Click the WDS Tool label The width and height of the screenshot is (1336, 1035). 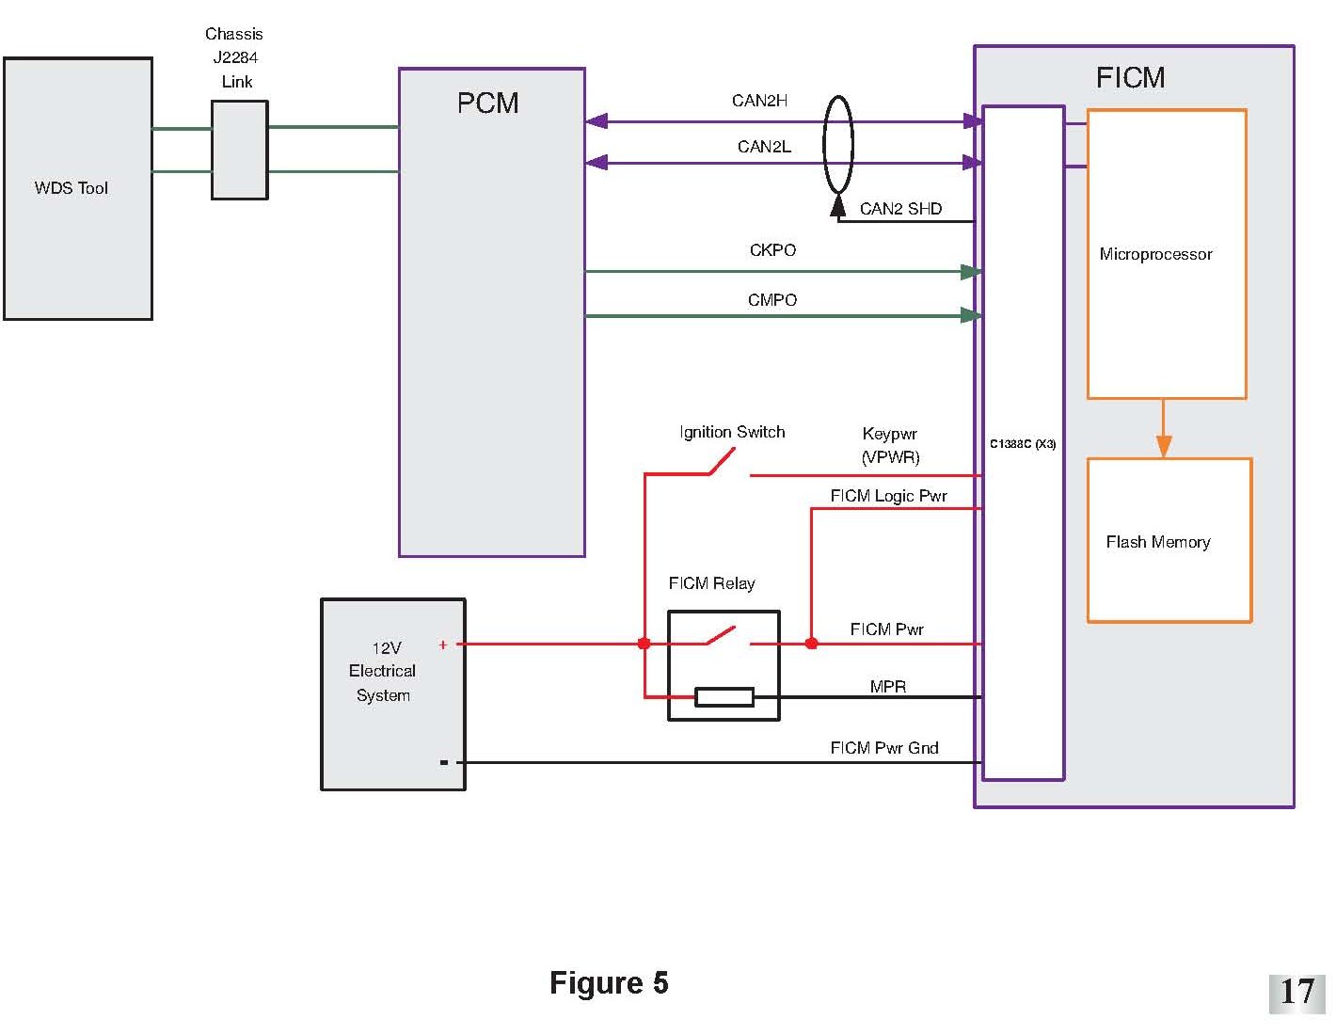tap(71, 188)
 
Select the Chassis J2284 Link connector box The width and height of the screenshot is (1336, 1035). tap(240, 150)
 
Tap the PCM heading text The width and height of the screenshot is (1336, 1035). tap(487, 103)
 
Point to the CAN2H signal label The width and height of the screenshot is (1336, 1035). tap(759, 101)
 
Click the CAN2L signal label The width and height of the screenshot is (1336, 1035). tap(764, 147)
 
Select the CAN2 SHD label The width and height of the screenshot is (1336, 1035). tap(900, 209)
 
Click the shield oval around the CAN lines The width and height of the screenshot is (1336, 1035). tap(837, 145)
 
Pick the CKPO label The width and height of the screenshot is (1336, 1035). tap(772, 250)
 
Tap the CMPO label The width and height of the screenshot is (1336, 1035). tap(772, 300)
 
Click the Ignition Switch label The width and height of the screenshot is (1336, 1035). tap(732, 432)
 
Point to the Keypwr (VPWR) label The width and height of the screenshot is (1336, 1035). tap(890, 445)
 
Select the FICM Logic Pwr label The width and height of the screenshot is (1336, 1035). tap(888, 496)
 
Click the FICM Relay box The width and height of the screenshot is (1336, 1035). tap(724, 665)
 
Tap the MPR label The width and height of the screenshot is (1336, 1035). tap(888, 686)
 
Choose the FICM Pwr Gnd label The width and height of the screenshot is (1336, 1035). tap(884, 748)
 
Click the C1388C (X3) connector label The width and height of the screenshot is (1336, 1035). tap(1023, 444)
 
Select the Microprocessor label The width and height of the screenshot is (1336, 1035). tap(1155, 254)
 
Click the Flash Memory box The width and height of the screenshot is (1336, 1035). tap(1169, 540)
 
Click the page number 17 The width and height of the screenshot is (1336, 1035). tap(1296, 992)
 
